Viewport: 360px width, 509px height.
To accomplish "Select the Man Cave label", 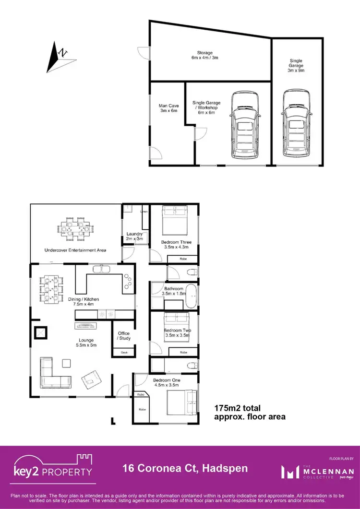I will [x=168, y=108].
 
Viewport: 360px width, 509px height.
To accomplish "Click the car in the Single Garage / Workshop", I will [x=245, y=126].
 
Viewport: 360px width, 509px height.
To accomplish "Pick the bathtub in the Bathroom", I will [x=191, y=297].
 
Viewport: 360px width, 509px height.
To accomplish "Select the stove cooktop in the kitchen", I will [x=129, y=283].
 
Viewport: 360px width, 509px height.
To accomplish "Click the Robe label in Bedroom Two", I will [x=183, y=352].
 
